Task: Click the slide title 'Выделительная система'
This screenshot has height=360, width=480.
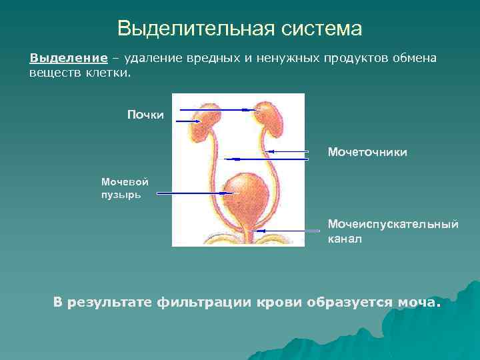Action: [239, 29]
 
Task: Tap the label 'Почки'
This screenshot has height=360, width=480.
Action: [145, 115]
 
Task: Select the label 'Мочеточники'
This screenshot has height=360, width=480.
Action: [367, 153]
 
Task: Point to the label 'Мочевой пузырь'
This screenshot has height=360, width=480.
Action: [125, 187]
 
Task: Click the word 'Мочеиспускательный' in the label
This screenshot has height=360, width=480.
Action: [393, 224]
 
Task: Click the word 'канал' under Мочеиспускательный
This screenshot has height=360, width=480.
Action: [345, 238]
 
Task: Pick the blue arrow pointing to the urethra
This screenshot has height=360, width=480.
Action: [280, 230]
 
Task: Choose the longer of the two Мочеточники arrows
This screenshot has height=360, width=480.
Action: [267, 159]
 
